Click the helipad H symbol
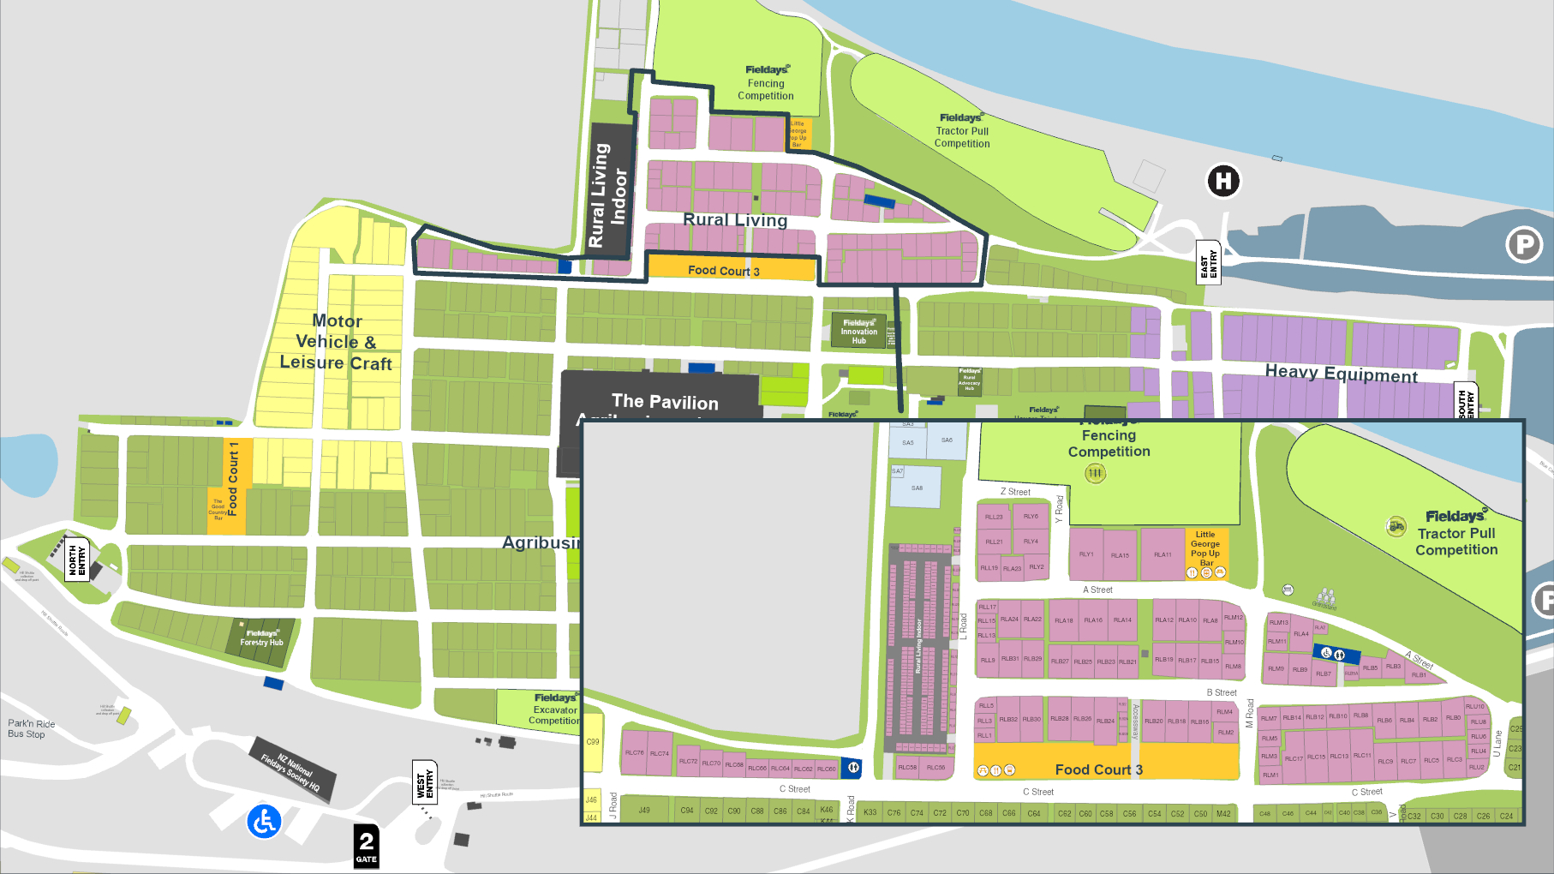1223,181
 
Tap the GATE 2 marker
366,846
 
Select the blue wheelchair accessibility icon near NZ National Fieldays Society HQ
264,822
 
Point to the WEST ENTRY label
425,782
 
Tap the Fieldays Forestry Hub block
261,639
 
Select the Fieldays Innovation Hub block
858,331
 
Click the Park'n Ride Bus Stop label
31,728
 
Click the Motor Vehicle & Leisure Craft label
337,342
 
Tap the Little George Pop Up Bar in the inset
1205,548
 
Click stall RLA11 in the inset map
1163,555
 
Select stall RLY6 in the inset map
1031,517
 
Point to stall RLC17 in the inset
1293,758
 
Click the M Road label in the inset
1250,713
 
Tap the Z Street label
1015,492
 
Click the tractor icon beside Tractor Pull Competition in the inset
1396,526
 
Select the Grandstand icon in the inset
1325,597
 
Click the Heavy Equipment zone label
1341,374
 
